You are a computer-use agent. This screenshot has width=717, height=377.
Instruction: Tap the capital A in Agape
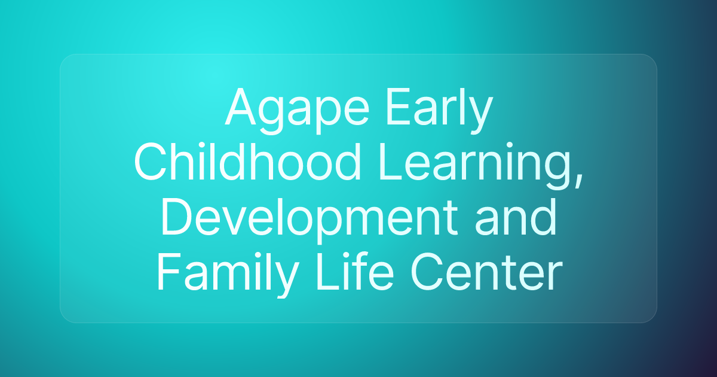[238, 108]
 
